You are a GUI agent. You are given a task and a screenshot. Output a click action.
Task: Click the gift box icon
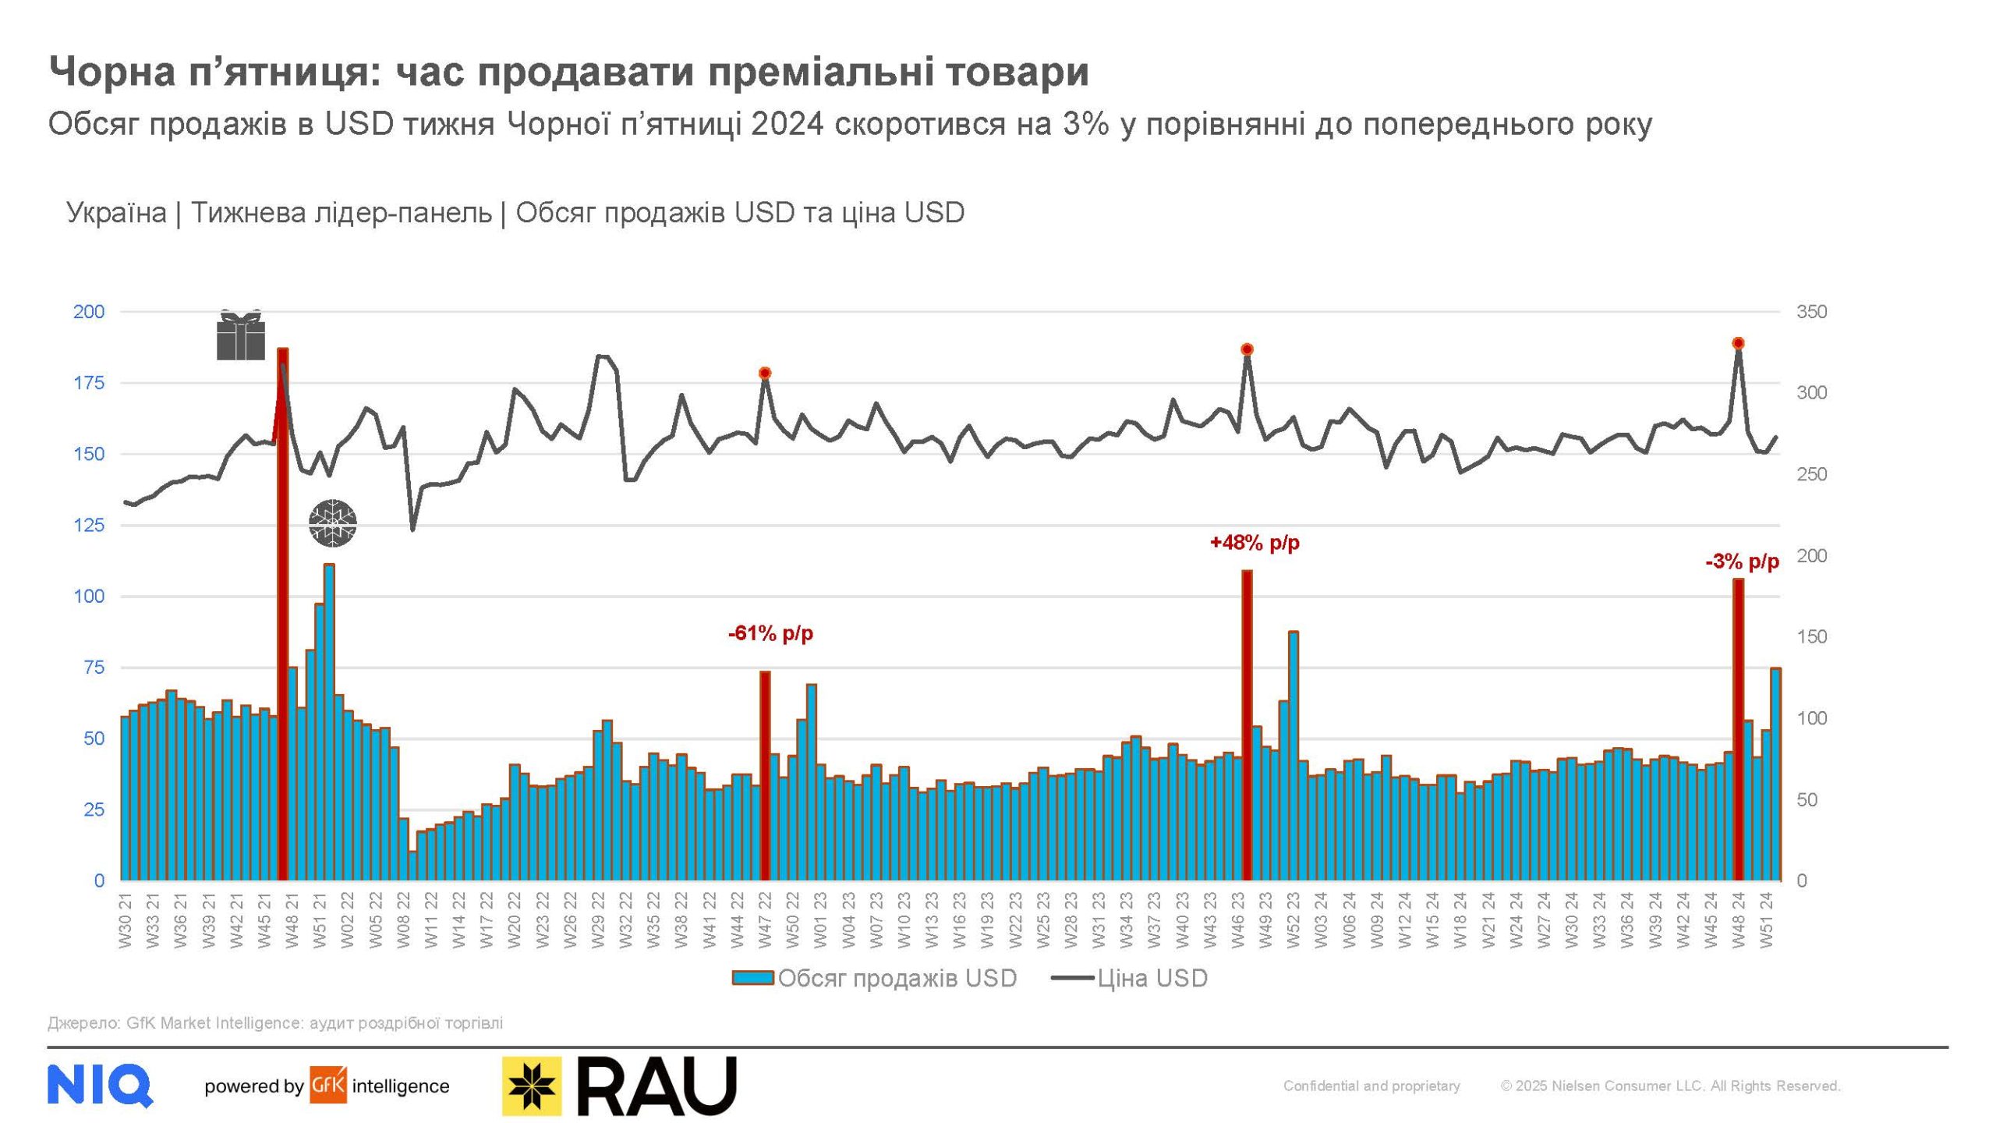click(241, 335)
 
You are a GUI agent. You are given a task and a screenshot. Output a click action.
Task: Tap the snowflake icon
click(333, 523)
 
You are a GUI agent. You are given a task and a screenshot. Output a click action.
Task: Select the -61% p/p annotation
click(770, 633)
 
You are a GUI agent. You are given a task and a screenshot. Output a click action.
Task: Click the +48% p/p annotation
click(1255, 542)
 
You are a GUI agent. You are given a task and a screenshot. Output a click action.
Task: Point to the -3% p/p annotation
click(1742, 561)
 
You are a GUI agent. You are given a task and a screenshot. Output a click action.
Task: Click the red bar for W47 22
click(765, 776)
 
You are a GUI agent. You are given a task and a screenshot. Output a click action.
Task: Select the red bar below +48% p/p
click(1247, 725)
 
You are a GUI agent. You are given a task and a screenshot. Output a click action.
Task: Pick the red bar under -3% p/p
click(1738, 729)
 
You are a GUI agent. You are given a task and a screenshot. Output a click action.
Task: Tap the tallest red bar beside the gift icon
click(283, 616)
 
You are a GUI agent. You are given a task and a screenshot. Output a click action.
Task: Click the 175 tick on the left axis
click(89, 383)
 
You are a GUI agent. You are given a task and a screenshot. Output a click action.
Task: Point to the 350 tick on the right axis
click(1811, 312)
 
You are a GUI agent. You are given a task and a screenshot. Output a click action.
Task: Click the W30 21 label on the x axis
click(126, 921)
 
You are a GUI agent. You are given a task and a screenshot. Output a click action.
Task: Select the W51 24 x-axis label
click(1767, 921)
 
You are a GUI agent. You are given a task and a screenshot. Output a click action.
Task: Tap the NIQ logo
click(100, 1085)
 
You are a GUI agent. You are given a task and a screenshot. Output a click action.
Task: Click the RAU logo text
click(656, 1086)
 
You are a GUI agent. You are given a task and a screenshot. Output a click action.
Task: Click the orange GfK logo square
click(328, 1085)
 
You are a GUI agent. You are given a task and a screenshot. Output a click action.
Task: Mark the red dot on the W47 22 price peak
click(765, 373)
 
